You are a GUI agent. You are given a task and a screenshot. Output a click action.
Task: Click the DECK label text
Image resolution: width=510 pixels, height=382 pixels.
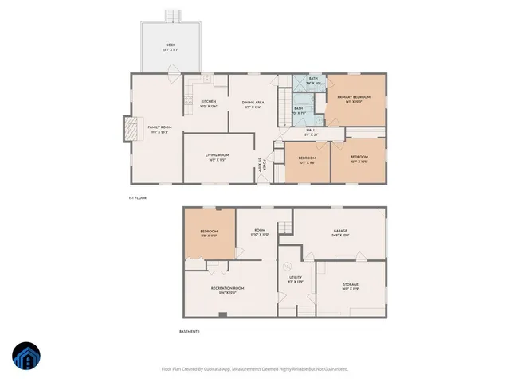(x=171, y=45)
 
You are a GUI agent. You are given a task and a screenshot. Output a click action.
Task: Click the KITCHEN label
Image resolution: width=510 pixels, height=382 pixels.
(x=208, y=101)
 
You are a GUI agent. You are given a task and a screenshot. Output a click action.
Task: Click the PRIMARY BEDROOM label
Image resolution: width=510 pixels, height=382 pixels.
(x=355, y=97)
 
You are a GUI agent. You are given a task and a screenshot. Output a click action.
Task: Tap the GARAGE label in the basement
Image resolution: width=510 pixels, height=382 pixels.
(x=340, y=232)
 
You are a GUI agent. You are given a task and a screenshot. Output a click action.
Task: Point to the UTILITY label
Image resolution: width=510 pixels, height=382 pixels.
(x=295, y=279)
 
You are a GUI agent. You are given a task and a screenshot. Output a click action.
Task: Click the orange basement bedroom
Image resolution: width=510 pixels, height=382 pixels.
(x=210, y=232)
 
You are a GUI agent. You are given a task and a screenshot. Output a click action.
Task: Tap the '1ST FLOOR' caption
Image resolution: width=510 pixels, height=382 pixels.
(x=138, y=197)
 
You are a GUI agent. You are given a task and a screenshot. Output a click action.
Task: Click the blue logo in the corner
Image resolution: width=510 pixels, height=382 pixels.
(x=26, y=357)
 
